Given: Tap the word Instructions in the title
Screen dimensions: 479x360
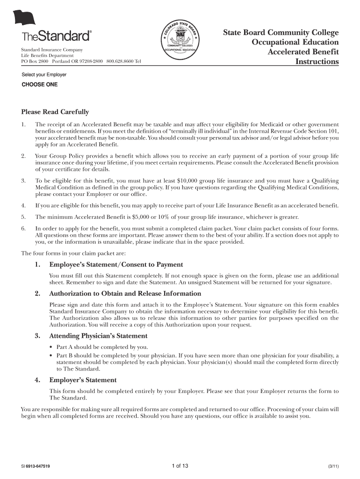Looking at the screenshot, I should (317, 62).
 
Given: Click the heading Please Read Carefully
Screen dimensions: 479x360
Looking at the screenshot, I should (55, 112).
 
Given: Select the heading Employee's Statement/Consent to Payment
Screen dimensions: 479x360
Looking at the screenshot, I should (116, 265).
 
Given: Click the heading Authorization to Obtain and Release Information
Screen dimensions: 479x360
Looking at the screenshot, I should (125, 294).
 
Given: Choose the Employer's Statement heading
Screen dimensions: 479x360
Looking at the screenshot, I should (83, 380).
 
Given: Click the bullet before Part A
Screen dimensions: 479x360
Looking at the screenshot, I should (51, 347).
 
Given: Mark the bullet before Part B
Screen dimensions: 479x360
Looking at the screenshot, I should (51, 356).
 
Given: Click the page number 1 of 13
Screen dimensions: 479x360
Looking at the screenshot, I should (180, 466).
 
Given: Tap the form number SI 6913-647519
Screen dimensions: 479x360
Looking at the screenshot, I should (36, 467).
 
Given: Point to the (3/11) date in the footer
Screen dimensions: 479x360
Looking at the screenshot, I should (333, 467).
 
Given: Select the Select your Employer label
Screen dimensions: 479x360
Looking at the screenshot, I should (44, 75).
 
